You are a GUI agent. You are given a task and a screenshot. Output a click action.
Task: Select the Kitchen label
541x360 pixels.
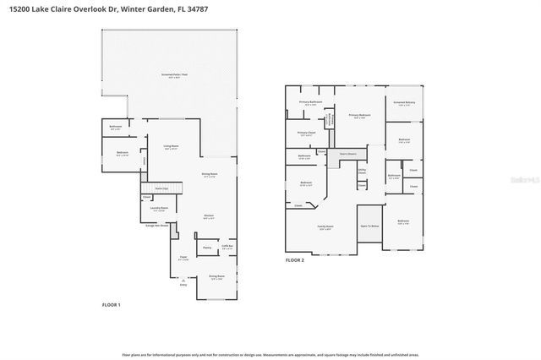pyautogui.click(x=209, y=216)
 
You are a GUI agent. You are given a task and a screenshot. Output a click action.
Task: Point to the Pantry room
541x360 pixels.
pyautogui.click(x=206, y=248)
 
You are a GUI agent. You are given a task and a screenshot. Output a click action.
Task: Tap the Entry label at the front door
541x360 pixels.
pyautogui.click(x=183, y=285)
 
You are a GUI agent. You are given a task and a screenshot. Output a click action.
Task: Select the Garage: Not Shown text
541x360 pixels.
pyautogui.click(x=158, y=226)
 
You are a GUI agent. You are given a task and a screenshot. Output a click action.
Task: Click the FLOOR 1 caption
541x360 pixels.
pyautogui.click(x=111, y=304)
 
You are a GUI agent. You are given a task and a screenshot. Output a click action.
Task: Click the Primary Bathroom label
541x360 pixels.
pyautogui.click(x=310, y=103)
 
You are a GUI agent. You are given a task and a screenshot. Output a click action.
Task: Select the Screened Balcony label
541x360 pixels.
pyautogui.click(x=405, y=104)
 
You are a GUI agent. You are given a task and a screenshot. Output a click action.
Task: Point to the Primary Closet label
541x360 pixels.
pyautogui.click(x=306, y=134)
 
